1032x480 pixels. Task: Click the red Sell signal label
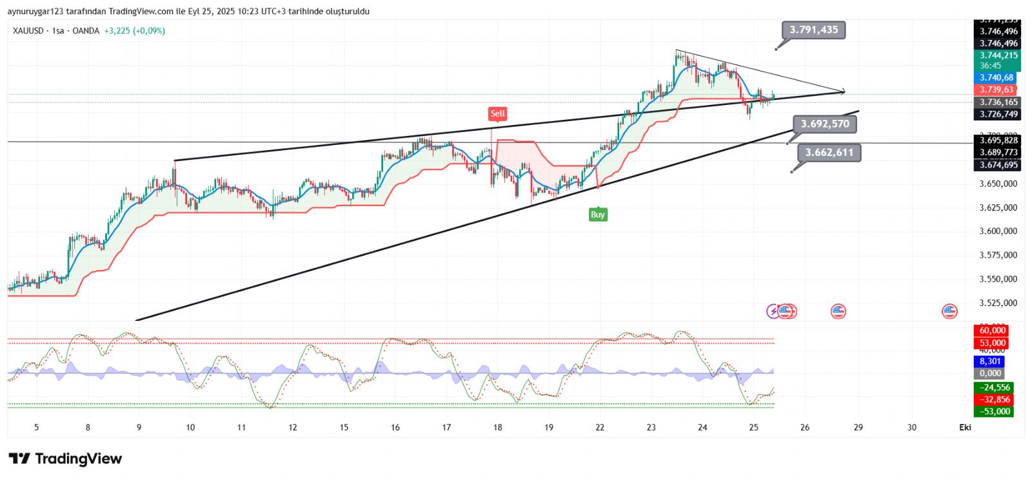click(x=497, y=114)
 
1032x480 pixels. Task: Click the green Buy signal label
click(x=598, y=215)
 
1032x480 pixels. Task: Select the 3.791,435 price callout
click(x=814, y=30)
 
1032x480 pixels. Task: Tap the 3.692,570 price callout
click(x=825, y=124)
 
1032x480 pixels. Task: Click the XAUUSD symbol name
click(x=28, y=31)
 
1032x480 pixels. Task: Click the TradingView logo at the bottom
click(x=65, y=459)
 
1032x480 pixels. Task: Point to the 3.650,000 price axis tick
click(x=998, y=184)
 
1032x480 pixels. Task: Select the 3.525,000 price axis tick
click(x=998, y=303)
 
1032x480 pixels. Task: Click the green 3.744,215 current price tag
click(x=998, y=55)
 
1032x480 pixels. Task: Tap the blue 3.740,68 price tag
click(x=997, y=78)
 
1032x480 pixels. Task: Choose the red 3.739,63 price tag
click(x=997, y=90)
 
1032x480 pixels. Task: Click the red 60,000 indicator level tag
click(x=992, y=331)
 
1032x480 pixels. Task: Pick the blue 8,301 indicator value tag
click(x=990, y=361)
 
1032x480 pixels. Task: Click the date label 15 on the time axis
click(x=344, y=427)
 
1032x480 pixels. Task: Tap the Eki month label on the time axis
click(x=965, y=427)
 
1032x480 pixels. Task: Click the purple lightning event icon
click(x=773, y=312)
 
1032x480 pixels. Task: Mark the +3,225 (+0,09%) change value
click(x=134, y=31)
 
